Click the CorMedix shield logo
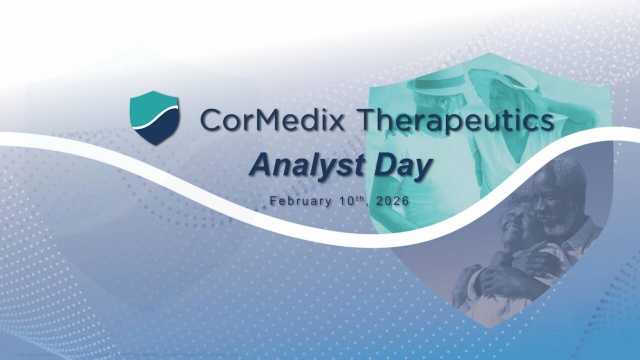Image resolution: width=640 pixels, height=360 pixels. [155, 118]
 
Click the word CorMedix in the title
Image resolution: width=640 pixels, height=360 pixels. [272, 120]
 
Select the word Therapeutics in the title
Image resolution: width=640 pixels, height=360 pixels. [456, 121]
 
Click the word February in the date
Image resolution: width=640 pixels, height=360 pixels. [301, 201]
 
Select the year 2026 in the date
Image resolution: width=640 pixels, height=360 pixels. [393, 201]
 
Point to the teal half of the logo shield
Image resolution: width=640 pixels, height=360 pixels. [152, 107]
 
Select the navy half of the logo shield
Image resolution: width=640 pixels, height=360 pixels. [160, 129]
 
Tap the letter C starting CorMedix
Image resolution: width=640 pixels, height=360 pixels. [211, 120]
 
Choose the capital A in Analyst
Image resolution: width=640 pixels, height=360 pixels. [262, 164]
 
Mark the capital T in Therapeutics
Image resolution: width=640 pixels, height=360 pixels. [367, 119]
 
